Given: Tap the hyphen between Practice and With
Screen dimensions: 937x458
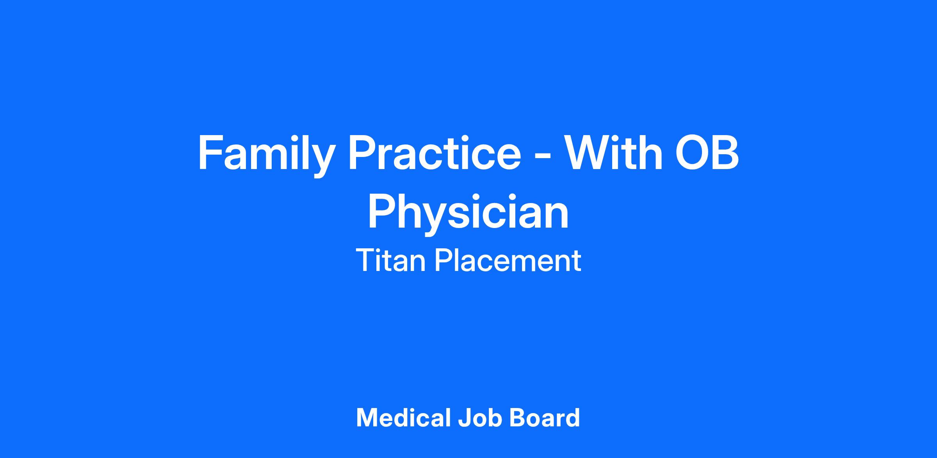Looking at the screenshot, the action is click(x=543, y=156).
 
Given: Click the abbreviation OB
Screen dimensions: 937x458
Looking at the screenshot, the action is click(x=707, y=153).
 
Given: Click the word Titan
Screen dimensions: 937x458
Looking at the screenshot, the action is click(x=390, y=260).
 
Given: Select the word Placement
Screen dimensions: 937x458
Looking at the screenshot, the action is click(x=508, y=260).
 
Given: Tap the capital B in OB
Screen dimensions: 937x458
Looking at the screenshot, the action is click(x=726, y=153).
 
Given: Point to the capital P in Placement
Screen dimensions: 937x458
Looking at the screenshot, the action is click(x=443, y=261).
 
